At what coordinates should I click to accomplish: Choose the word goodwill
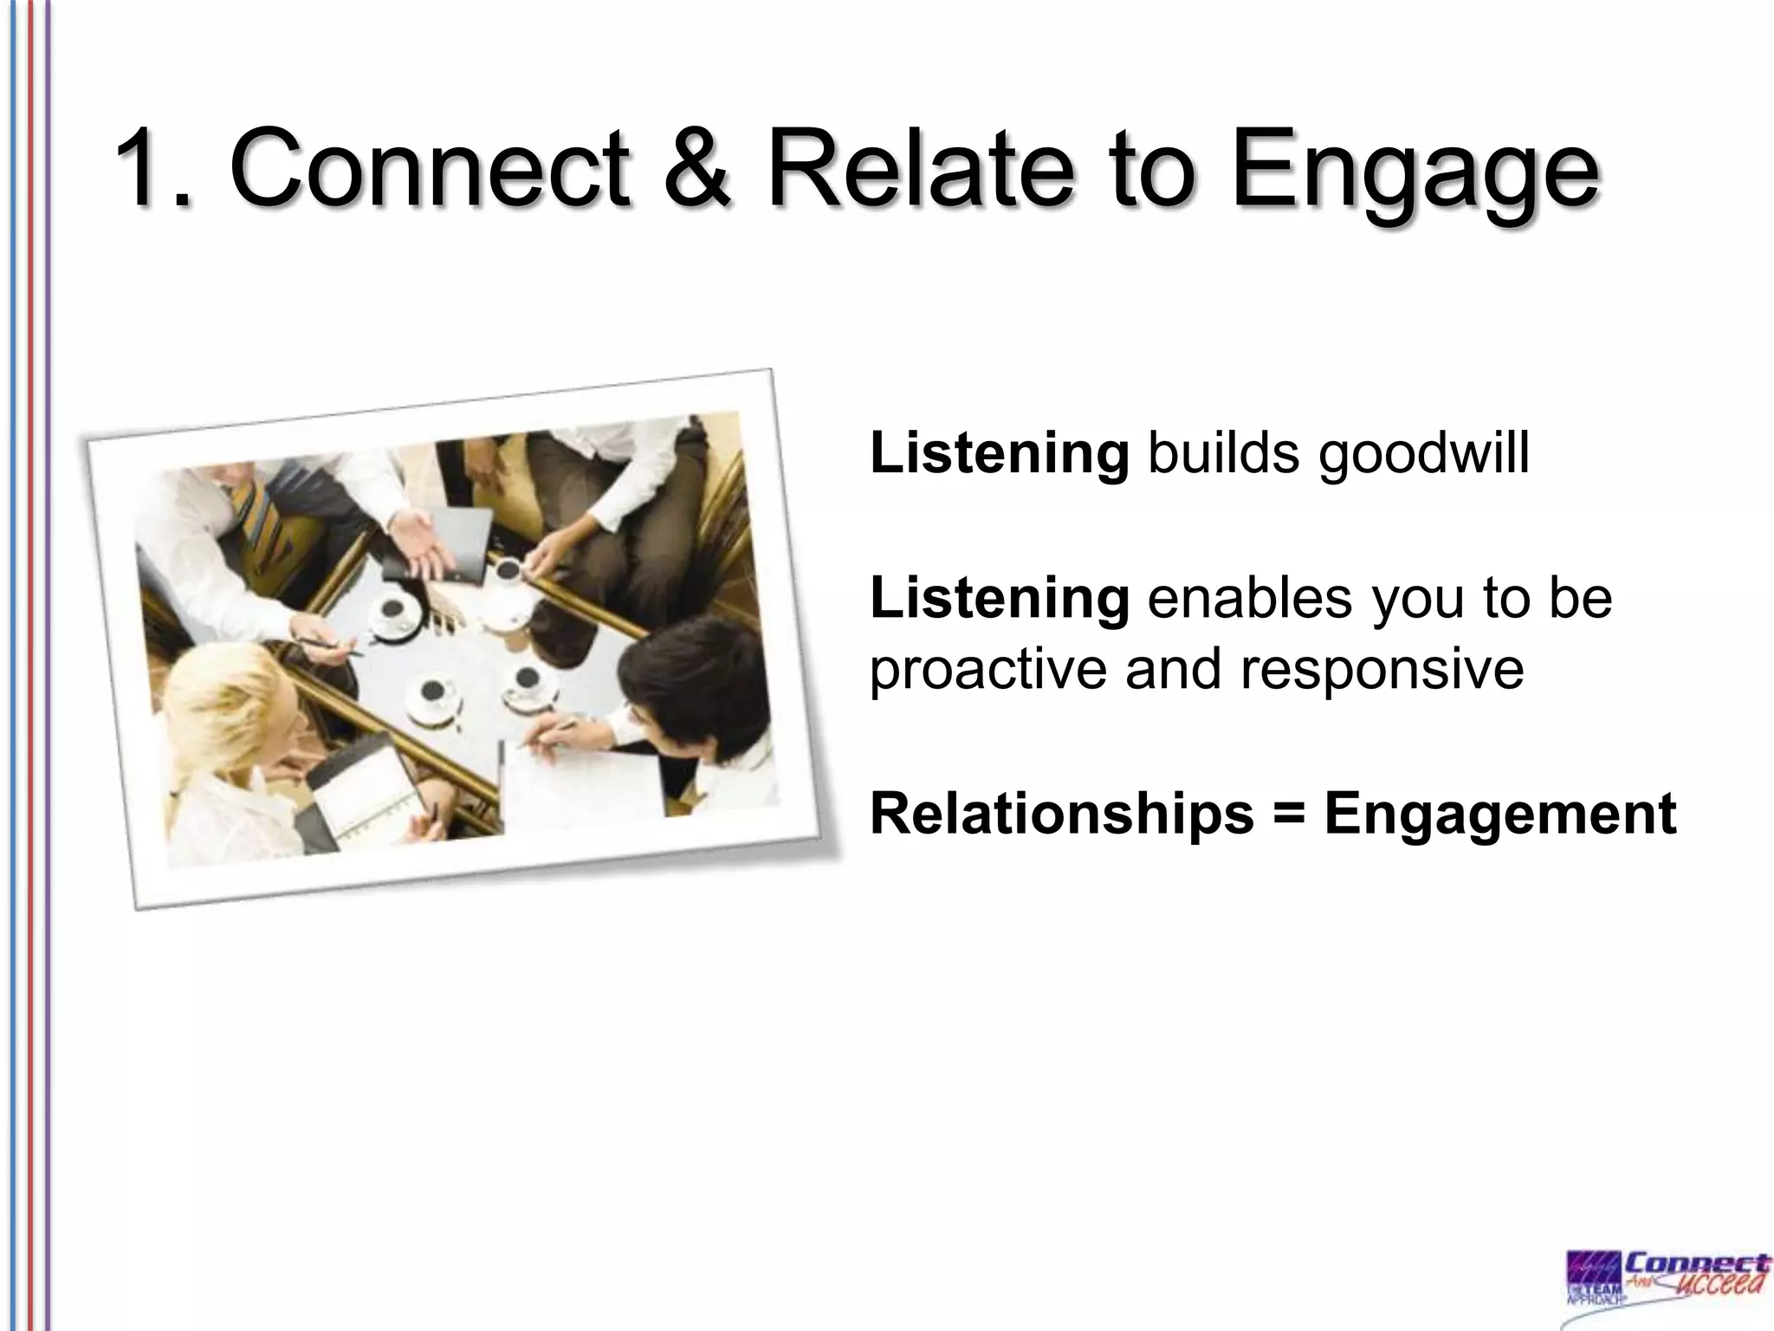[1425, 454]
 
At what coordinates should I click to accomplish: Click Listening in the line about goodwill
[999, 454]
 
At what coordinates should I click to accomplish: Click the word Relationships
[1062, 815]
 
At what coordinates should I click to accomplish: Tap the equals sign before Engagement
[1289, 815]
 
